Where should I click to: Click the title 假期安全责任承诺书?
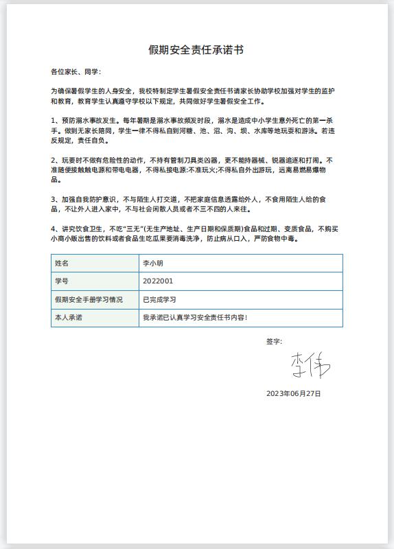(x=196, y=50)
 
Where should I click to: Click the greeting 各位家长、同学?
(x=76, y=71)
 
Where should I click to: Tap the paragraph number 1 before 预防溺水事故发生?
(x=54, y=119)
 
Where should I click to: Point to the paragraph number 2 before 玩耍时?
(x=54, y=160)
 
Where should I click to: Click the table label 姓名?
(x=62, y=263)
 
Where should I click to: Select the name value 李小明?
(x=152, y=263)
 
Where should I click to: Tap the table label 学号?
(x=62, y=281)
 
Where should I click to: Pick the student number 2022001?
(x=157, y=281)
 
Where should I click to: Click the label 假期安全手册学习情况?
(x=89, y=300)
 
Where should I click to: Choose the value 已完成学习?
(x=159, y=300)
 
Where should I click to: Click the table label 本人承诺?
(x=68, y=318)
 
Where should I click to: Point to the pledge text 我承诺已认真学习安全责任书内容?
(x=194, y=318)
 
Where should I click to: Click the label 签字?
(x=274, y=341)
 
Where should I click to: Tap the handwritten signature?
(x=310, y=365)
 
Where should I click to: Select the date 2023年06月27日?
(x=293, y=394)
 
